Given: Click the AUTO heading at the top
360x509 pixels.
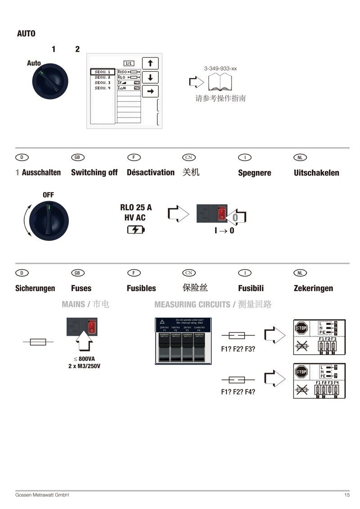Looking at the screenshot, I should pos(26,34).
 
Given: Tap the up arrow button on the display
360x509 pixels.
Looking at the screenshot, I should pos(150,63).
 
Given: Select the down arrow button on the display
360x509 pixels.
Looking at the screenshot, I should pos(150,77).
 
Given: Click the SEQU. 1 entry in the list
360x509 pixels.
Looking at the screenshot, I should pos(102,72).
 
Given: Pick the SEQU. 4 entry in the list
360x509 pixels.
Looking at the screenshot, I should pos(102,88).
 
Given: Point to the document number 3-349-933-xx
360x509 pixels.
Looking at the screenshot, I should pos(220,69).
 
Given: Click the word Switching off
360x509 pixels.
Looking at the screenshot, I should pos(94,172).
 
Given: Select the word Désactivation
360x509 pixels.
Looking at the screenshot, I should pos(150,172).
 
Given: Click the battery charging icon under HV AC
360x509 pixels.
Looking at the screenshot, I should pos(136,230).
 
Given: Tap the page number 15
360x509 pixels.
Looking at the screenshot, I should pos(347,495).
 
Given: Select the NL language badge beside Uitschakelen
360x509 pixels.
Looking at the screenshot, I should pos(300,158).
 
